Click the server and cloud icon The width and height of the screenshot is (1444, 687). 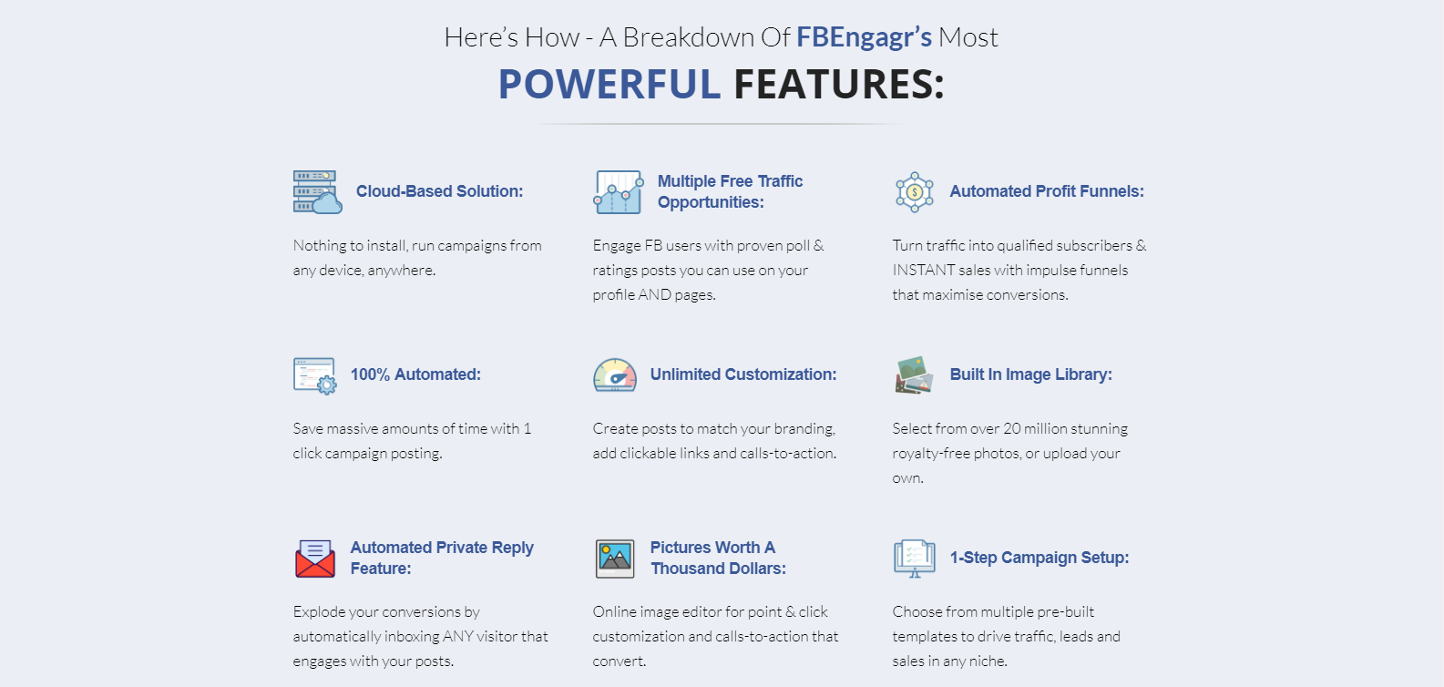pos(317,192)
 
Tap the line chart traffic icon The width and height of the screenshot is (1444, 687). pos(619,192)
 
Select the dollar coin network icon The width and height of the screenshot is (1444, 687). pos(914,192)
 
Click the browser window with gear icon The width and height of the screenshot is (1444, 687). pos(314,375)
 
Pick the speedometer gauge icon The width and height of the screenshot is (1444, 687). pos(615,375)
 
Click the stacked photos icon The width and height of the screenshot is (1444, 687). pos(914,375)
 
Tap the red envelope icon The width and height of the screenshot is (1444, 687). pos(315,559)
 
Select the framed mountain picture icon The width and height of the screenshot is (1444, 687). pos(615,559)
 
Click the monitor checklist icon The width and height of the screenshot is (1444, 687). pos(915,559)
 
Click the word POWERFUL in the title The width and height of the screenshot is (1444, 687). pos(609,85)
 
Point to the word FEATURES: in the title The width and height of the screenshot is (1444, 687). pos(839,85)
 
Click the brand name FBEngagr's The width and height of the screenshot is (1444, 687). pos(864,37)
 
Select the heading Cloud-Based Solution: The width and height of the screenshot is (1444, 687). pos(440,191)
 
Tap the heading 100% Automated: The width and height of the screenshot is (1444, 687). pos(415,374)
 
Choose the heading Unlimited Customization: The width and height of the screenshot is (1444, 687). pos(743,374)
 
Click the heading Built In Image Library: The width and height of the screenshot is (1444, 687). pos(1030,374)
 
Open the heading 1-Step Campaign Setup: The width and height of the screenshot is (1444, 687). pos(1039,558)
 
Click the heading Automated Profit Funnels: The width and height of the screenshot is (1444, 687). pos(1047,191)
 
